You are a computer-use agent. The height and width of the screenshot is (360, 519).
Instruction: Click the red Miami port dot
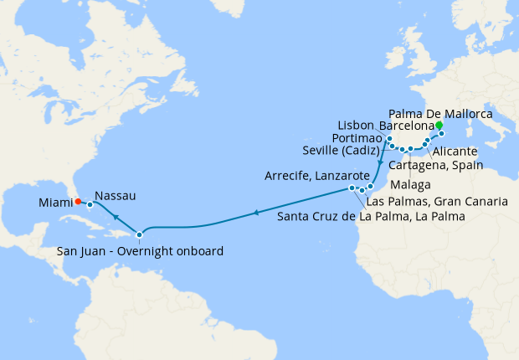point(77,201)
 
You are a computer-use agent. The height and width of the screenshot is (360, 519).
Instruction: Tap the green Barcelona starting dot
point(439,126)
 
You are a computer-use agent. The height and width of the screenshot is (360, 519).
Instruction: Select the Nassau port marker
point(90,204)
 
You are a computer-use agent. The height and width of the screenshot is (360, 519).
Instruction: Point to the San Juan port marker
point(140,234)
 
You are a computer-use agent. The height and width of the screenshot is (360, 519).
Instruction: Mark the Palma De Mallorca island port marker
point(441,133)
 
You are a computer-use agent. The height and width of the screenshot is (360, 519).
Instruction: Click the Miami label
point(54,201)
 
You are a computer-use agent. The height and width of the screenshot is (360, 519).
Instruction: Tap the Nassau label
point(115,196)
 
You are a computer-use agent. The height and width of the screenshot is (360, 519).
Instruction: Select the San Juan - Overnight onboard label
point(140,249)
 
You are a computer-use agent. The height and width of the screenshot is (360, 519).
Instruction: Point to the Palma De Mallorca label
point(441,112)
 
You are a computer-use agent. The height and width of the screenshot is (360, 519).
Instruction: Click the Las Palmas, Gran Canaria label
point(437,202)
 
